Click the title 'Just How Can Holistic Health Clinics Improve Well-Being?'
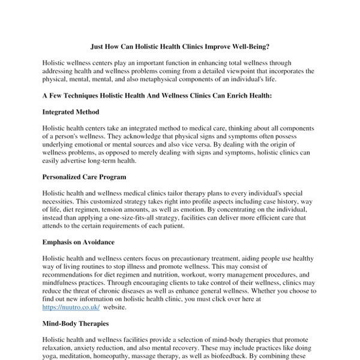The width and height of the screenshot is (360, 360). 180,46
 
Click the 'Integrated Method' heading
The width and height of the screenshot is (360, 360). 71,112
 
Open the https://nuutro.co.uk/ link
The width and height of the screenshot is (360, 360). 67,306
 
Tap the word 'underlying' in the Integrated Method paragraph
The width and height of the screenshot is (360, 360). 61,145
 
